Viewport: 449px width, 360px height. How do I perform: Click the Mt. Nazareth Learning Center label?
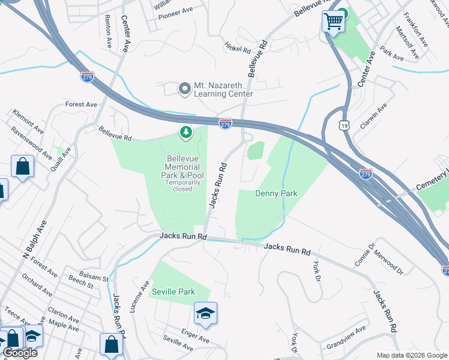tap(223, 90)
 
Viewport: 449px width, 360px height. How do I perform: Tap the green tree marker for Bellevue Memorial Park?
tap(186, 132)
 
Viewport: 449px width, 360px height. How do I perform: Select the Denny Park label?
tap(276, 193)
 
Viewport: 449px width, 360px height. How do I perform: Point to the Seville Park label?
tap(173, 292)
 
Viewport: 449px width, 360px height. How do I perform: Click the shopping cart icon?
tap(333, 22)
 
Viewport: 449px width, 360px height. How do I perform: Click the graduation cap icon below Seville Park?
tap(205, 313)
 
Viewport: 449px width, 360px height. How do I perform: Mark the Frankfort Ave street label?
tap(415, 30)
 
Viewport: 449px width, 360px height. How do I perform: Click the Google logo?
tap(20, 353)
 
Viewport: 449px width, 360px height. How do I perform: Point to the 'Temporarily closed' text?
tap(182, 185)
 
